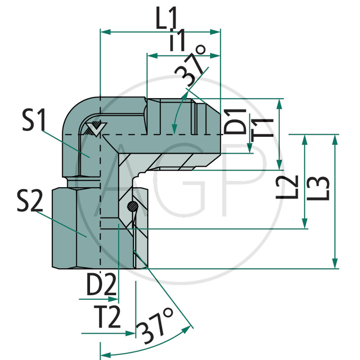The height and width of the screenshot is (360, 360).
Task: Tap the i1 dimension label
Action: [x=177, y=40]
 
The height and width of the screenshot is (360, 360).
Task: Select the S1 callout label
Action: [x=34, y=120]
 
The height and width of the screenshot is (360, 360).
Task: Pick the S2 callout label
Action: [x=30, y=201]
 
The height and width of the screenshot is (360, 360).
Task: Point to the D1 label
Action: [x=235, y=121]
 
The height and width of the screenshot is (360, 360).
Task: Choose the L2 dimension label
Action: [x=287, y=187]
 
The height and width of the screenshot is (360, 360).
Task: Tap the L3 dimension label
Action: [x=318, y=188]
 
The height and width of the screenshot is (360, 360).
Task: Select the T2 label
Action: [x=107, y=317]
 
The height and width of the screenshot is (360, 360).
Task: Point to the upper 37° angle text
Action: [x=190, y=65]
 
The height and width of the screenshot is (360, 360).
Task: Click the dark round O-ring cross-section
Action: [x=133, y=206]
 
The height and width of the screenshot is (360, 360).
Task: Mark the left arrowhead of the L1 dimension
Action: [x=106, y=32]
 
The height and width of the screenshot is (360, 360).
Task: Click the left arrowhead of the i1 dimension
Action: [x=152, y=55]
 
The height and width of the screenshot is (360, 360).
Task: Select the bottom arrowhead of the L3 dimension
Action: [x=335, y=263]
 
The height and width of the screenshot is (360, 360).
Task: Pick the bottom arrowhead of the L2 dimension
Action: [x=305, y=223]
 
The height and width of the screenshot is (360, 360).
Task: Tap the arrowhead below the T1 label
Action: [x=250, y=148]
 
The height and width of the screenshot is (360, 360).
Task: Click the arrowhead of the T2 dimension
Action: [x=130, y=333]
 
